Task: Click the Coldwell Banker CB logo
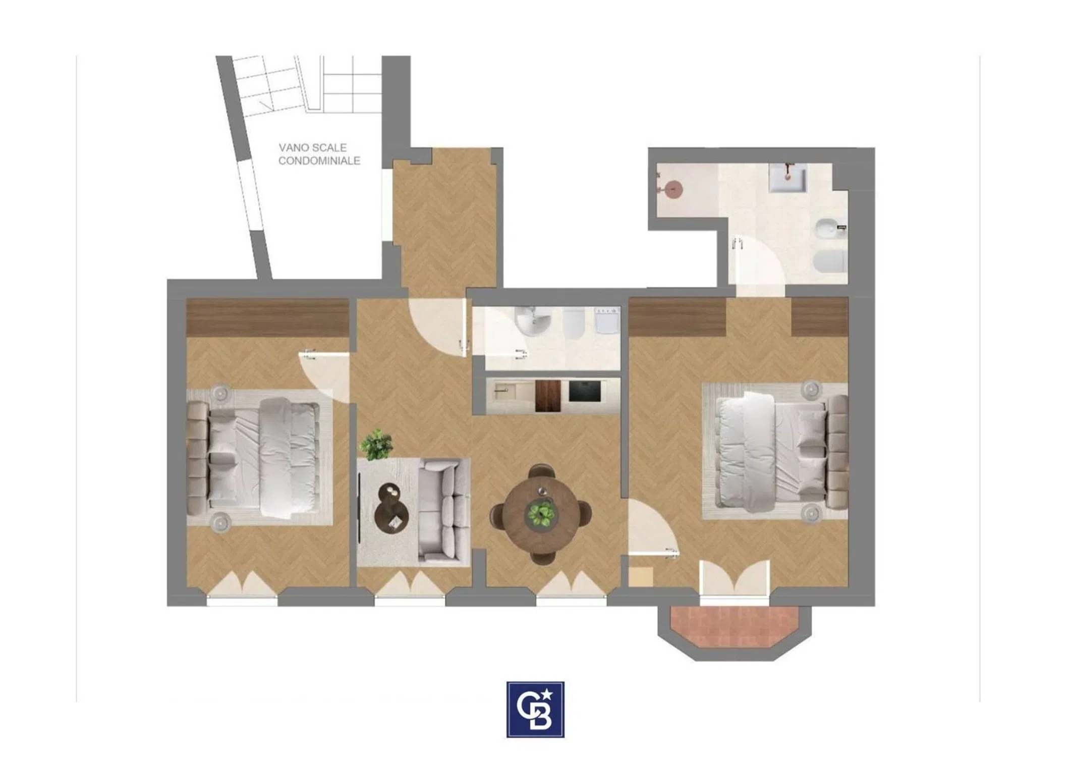pyautogui.click(x=535, y=709)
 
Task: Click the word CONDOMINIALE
pyautogui.click(x=319, y=160)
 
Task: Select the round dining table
pyautogui.click(x=541, y=514)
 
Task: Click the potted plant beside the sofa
pyautogui.click(x=376, y=445)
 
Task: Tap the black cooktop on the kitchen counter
pyautogui.click(x=585, y=391)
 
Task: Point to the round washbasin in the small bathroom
pyautogui.click(x=533, y=321)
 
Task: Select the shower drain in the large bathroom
pyautogui.click(x=672, y=189)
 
